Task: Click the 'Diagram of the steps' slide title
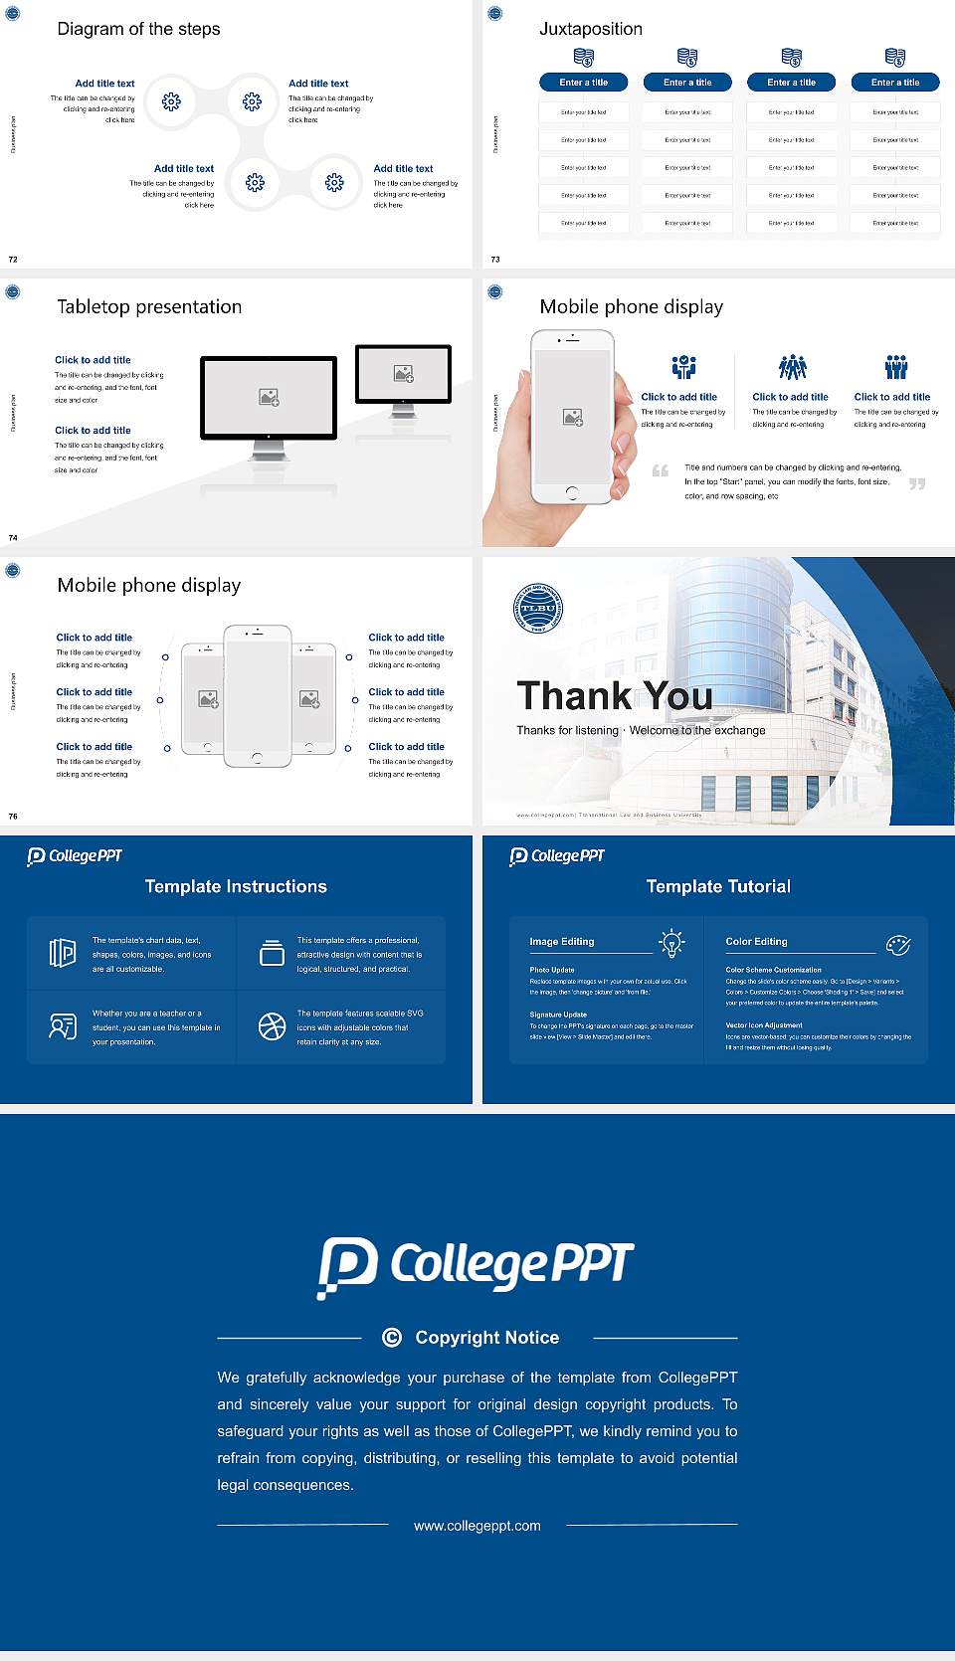(x=138, y=29)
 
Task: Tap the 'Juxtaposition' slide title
(x=591, y=29)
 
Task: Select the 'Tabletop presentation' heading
(x=149, y=307)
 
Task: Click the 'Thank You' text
(x=615, y=696)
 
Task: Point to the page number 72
(x=13, y=260)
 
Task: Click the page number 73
(x=495, y=260)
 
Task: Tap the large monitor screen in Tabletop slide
(x=269, y=398)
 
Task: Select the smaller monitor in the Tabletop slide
(x=403, y=374)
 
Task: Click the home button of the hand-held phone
(x=571, y=492)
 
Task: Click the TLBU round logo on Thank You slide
(x=538, y=608)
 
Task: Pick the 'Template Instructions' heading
(x=236, y=886)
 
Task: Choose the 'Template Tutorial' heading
(x=718, y=886)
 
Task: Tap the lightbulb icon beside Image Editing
(x=672, y=943)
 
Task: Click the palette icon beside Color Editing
(x=898, y=945)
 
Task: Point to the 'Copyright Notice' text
(x=486, y=1338)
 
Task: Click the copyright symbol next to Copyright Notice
(x=392, y=1338)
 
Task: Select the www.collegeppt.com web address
(x=477, y=1526)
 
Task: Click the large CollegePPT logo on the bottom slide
(x=476, y=1266)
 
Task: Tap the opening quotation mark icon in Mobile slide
(x=660, y=470)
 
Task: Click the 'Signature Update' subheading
(x=558, y=1015)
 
